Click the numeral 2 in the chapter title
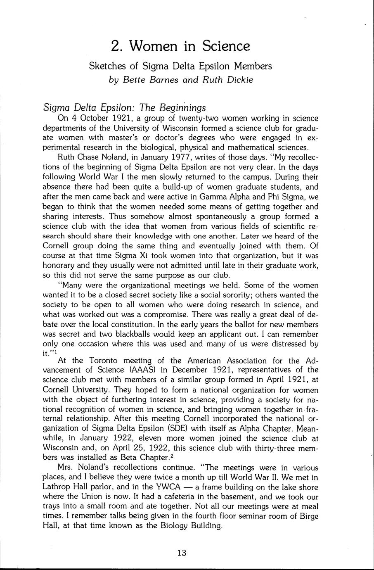pos(116,46)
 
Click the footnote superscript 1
pos(56,352)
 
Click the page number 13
pos(182,553)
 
